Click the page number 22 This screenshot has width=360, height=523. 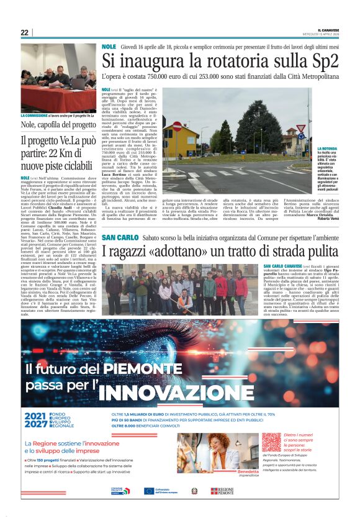pyautogui.click(x=25, y=33)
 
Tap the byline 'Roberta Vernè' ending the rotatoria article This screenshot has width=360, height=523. pyautogui.click(x=328, y=219)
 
